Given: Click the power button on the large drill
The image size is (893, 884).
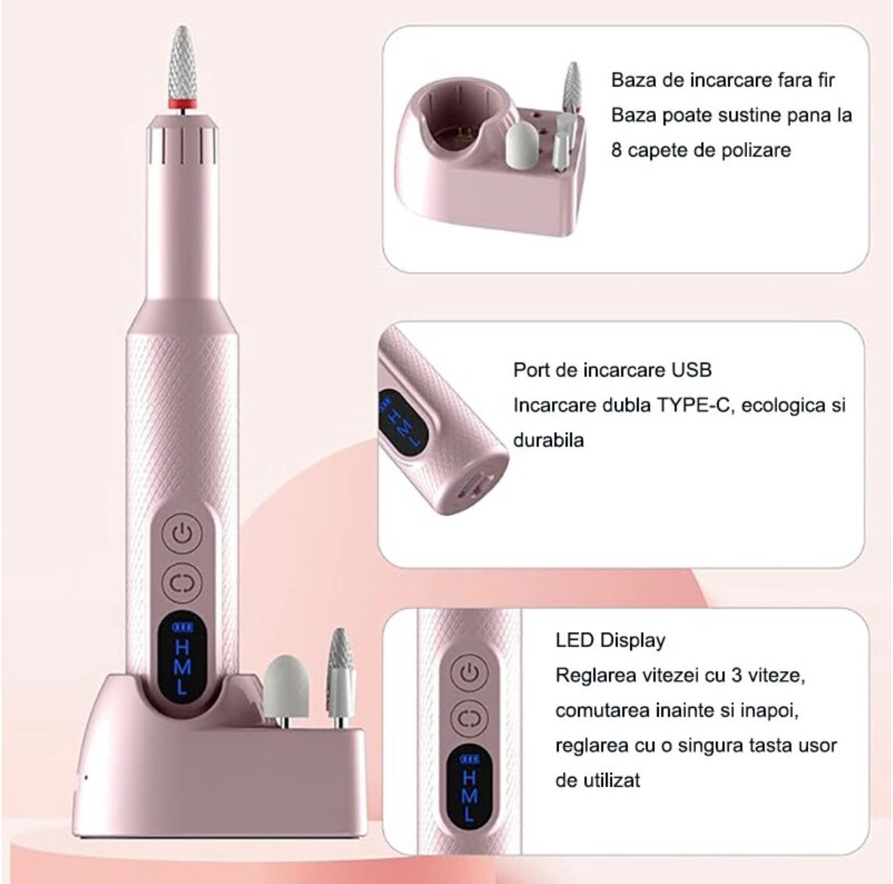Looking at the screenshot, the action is point(181,535).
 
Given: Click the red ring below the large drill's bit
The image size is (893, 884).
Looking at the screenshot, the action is point(183,104).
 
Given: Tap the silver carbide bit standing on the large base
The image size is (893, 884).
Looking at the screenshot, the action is point(340,672).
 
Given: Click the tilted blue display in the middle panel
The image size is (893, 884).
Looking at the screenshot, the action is point(403,418).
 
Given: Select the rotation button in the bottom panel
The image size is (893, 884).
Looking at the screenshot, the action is point(469,717).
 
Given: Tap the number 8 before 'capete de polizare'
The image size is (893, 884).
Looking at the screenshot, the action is point(617,150).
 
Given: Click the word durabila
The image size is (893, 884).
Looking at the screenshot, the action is point(548,440).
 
